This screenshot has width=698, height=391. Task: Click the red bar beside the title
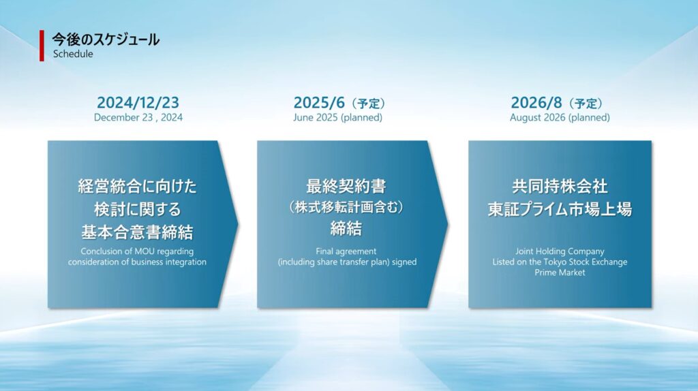42,46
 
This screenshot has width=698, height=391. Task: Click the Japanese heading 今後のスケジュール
106,40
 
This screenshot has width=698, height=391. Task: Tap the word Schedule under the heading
73,54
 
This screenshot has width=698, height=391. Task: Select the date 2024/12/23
138,103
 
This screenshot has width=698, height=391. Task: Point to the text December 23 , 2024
138,117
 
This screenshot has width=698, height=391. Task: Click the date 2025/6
319,103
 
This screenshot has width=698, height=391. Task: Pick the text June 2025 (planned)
337,117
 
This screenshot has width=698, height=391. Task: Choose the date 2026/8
536,103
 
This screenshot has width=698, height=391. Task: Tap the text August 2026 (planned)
560,117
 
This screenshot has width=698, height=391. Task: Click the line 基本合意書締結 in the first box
137,232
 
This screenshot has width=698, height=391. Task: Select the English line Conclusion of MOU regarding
137,251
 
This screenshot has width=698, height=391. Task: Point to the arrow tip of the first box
238,224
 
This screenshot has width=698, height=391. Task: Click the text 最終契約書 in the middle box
346,186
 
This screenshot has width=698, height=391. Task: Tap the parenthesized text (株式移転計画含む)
346,207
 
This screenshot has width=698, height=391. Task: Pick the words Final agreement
346,251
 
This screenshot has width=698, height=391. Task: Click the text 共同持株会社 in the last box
560,186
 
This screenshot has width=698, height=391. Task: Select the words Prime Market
560,272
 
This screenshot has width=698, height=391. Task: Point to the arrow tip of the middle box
448,224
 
